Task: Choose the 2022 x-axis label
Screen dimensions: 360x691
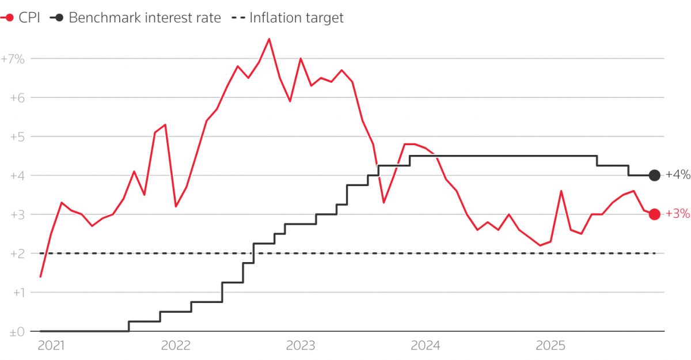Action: [176, 346]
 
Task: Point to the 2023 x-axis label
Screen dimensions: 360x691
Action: [300, 346]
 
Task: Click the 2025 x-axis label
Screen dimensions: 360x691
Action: [550, 346]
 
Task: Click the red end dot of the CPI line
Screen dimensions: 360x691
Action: [654, 214]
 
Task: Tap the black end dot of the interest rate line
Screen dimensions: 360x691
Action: [654, 175]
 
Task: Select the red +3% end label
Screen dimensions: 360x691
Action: [678, 214]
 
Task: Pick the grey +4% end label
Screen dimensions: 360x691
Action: [678, 175]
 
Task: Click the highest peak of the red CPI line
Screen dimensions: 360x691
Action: [269, 39]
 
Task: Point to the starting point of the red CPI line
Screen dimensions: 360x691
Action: [40, 276]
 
